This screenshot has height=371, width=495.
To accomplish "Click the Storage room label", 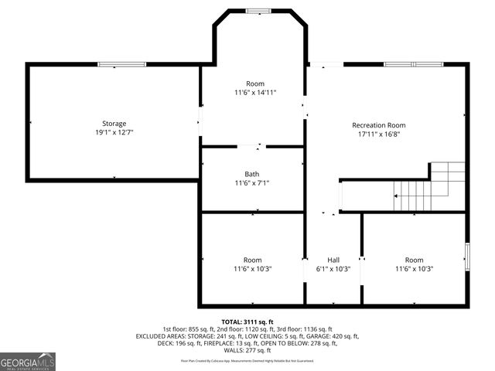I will pos(114,124).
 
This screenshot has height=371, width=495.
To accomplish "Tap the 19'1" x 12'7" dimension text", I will pos(114,133).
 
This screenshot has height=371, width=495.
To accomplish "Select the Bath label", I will pos(252,174).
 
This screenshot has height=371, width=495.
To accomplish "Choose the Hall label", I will pos(333,260).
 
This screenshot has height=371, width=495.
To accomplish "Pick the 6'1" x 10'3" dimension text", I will pos(333,269).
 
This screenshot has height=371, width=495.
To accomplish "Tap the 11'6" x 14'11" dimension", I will pos(255,93).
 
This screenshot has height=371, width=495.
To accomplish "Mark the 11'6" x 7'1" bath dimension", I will pos(252,183).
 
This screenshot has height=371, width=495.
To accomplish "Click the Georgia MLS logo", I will pos(28,361).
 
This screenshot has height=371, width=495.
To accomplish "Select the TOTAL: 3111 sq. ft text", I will pos(247,322).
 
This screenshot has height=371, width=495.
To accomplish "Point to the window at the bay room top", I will pos(254,10).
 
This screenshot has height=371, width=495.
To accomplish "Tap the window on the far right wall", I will pos(466,256).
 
